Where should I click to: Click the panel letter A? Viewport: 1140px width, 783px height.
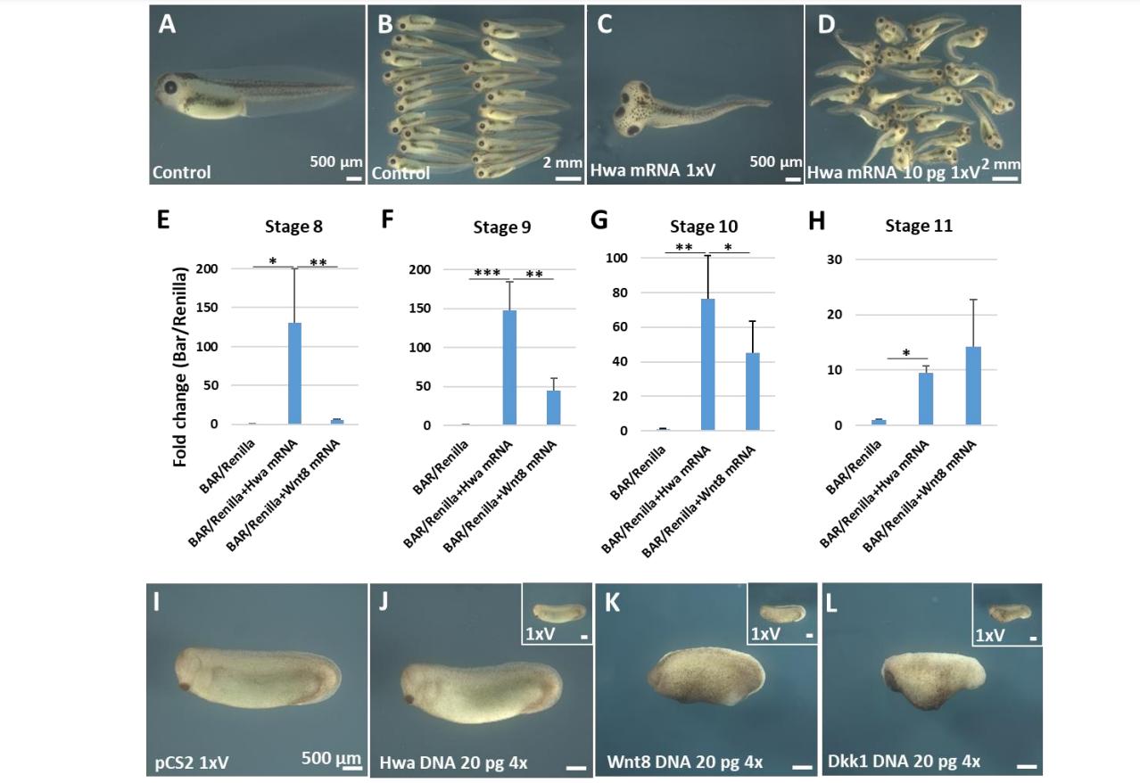167,24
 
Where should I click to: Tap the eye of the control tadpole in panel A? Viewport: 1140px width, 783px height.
169,88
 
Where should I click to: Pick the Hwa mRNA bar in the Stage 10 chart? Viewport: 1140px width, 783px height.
708,365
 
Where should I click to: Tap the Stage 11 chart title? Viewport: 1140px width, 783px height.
918,226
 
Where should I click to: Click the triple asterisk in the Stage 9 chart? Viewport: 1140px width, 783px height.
487,273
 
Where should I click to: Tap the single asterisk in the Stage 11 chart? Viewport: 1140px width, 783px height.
905,354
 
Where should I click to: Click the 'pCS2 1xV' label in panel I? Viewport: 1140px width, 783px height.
188,762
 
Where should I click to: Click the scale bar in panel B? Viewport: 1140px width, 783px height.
567,177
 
